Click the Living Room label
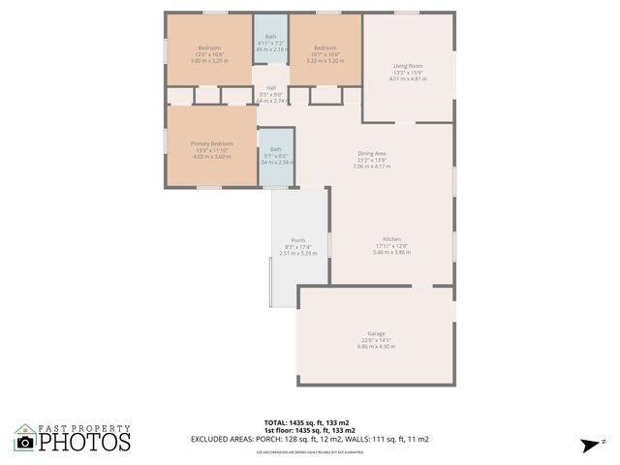pos(408,66)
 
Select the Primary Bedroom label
pos(211,143)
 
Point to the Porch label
pos(298,240)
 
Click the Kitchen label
pos(392,239)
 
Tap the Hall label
pos(271,87)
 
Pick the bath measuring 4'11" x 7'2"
pos(271,43)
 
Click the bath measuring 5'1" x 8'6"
pos(276,155)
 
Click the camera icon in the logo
pos(26,442)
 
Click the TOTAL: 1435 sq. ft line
pos(310,422)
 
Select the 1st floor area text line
pos(310,430)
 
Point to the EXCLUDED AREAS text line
pos(310,439)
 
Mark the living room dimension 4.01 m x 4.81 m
pos(408,78)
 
